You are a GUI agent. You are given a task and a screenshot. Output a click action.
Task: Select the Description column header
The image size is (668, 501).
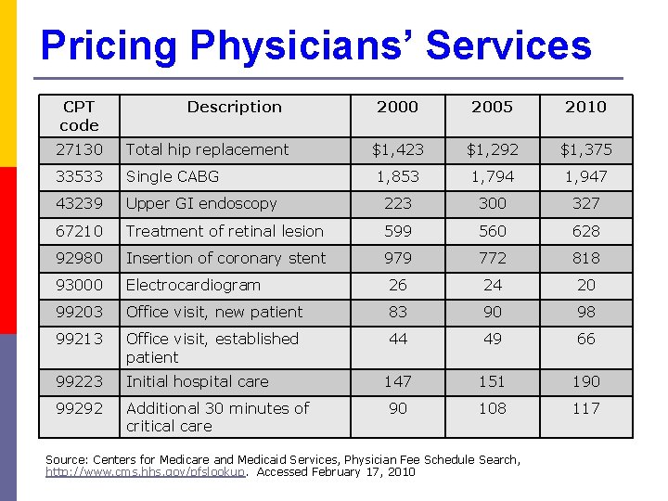(x=234, y=107)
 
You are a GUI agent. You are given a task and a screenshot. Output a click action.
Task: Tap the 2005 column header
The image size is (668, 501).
(x=492, y=107)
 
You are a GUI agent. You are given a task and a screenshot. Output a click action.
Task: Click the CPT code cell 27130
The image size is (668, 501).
(x=79, y=149)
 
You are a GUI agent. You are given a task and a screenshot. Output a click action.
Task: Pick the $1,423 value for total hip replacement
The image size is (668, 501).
(x=398, y=149)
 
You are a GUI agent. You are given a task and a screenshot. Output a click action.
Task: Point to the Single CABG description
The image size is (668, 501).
(x=173, y=176)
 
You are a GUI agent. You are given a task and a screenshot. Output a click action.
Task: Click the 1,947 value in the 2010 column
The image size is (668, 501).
(x=585, y=176)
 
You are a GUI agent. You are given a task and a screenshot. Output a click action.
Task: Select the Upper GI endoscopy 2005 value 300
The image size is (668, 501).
(x=492, y=203)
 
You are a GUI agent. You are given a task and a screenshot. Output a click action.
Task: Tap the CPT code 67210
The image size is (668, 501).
(x=79, y=231)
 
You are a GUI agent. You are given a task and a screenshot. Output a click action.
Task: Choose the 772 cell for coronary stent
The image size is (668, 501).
(x=492, y=258)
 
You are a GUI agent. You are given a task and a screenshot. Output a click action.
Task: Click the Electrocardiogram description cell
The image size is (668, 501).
(x=193, y=285)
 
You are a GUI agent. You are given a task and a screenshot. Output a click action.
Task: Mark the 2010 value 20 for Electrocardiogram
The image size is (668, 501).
(x=585, y=285)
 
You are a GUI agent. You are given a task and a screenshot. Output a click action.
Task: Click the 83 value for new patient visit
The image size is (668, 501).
(x=398, y=312)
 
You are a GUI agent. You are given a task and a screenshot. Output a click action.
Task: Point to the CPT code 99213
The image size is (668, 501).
(x=79, y=339)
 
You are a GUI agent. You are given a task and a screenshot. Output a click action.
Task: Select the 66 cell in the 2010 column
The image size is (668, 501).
(x=585, y=339)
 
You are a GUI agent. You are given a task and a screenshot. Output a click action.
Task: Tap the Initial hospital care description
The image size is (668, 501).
(x=197, y=381)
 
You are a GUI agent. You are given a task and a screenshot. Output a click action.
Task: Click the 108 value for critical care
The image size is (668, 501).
(x=492, y=408)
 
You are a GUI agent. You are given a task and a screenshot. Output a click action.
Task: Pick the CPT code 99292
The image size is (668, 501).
(x=79, y=408)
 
